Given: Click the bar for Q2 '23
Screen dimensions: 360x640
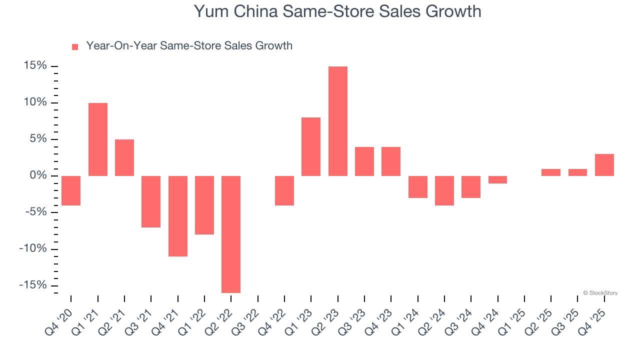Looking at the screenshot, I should tap(337, 121).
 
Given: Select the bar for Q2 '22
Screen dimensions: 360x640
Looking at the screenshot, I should tap(231, 234).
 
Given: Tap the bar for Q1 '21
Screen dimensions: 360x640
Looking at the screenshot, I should tap(98, 139).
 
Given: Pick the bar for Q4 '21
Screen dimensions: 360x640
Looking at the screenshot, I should tap(177, 216).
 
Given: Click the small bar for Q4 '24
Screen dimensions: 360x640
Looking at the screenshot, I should tap(497, 179).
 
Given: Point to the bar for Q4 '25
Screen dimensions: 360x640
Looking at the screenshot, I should tap(604, 165).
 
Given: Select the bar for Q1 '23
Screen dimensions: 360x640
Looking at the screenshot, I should tap(311, 146).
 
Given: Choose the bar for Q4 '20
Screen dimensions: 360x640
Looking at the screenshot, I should tap(71, 190).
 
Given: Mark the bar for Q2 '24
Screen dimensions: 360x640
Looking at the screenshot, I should tap(444, 190).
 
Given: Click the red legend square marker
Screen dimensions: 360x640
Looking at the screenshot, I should tap(75, 47).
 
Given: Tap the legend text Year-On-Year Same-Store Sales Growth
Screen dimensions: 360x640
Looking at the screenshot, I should tap(189, 46).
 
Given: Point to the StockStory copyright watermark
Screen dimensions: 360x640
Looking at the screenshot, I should tap(600, 293).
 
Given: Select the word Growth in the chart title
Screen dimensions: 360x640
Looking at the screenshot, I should tap(453, 11).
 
